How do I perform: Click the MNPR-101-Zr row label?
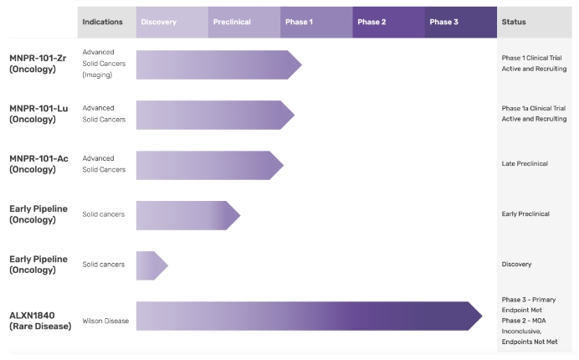[38, 64]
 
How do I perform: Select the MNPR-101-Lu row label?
[38, 114]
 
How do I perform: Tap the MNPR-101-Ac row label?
[38, 164]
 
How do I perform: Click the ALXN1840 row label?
[40, 321]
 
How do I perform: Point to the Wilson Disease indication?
[105, 321]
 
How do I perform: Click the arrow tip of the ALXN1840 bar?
[482, 316]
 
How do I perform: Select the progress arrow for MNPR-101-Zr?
[219, 65]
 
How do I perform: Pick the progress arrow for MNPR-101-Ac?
[210, 165]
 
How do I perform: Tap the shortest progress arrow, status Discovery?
[152, 265]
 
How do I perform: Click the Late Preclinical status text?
[525, 164]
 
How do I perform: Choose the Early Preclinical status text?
[525, 214]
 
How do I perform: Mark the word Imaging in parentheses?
[97, 75]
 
